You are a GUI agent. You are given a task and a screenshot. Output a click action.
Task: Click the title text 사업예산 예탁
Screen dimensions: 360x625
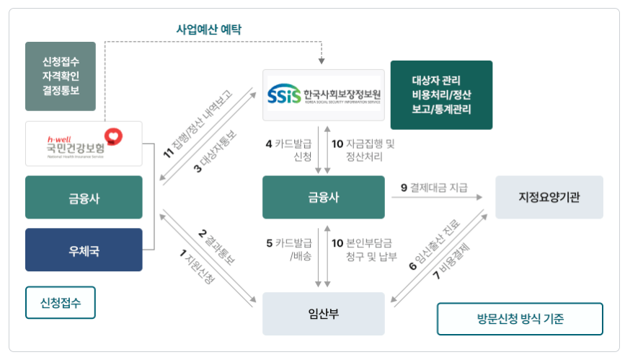click(209, 30)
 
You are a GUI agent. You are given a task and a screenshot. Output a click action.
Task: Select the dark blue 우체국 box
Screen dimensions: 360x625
click(84, 250)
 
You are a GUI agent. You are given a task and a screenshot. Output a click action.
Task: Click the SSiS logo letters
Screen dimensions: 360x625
click(283, 95)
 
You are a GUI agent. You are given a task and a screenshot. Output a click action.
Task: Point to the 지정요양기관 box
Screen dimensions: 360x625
click(549, 196)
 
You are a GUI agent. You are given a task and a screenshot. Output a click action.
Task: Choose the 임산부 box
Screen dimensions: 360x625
click(319, 313)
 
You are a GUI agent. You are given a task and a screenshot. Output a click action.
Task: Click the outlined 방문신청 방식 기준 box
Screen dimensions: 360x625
click(519, 318)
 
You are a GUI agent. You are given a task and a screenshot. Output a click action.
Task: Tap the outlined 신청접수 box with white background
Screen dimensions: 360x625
click(61, 303)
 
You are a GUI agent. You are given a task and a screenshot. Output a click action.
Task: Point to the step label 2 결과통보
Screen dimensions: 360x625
click(216, 248)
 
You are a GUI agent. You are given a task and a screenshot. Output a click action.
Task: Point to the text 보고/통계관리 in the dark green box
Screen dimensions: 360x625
click(440, 110)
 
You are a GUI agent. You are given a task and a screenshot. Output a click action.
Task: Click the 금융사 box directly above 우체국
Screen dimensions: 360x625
click(84, 197)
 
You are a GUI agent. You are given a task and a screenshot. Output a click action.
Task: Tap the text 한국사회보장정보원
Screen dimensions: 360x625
click(342, 94)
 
